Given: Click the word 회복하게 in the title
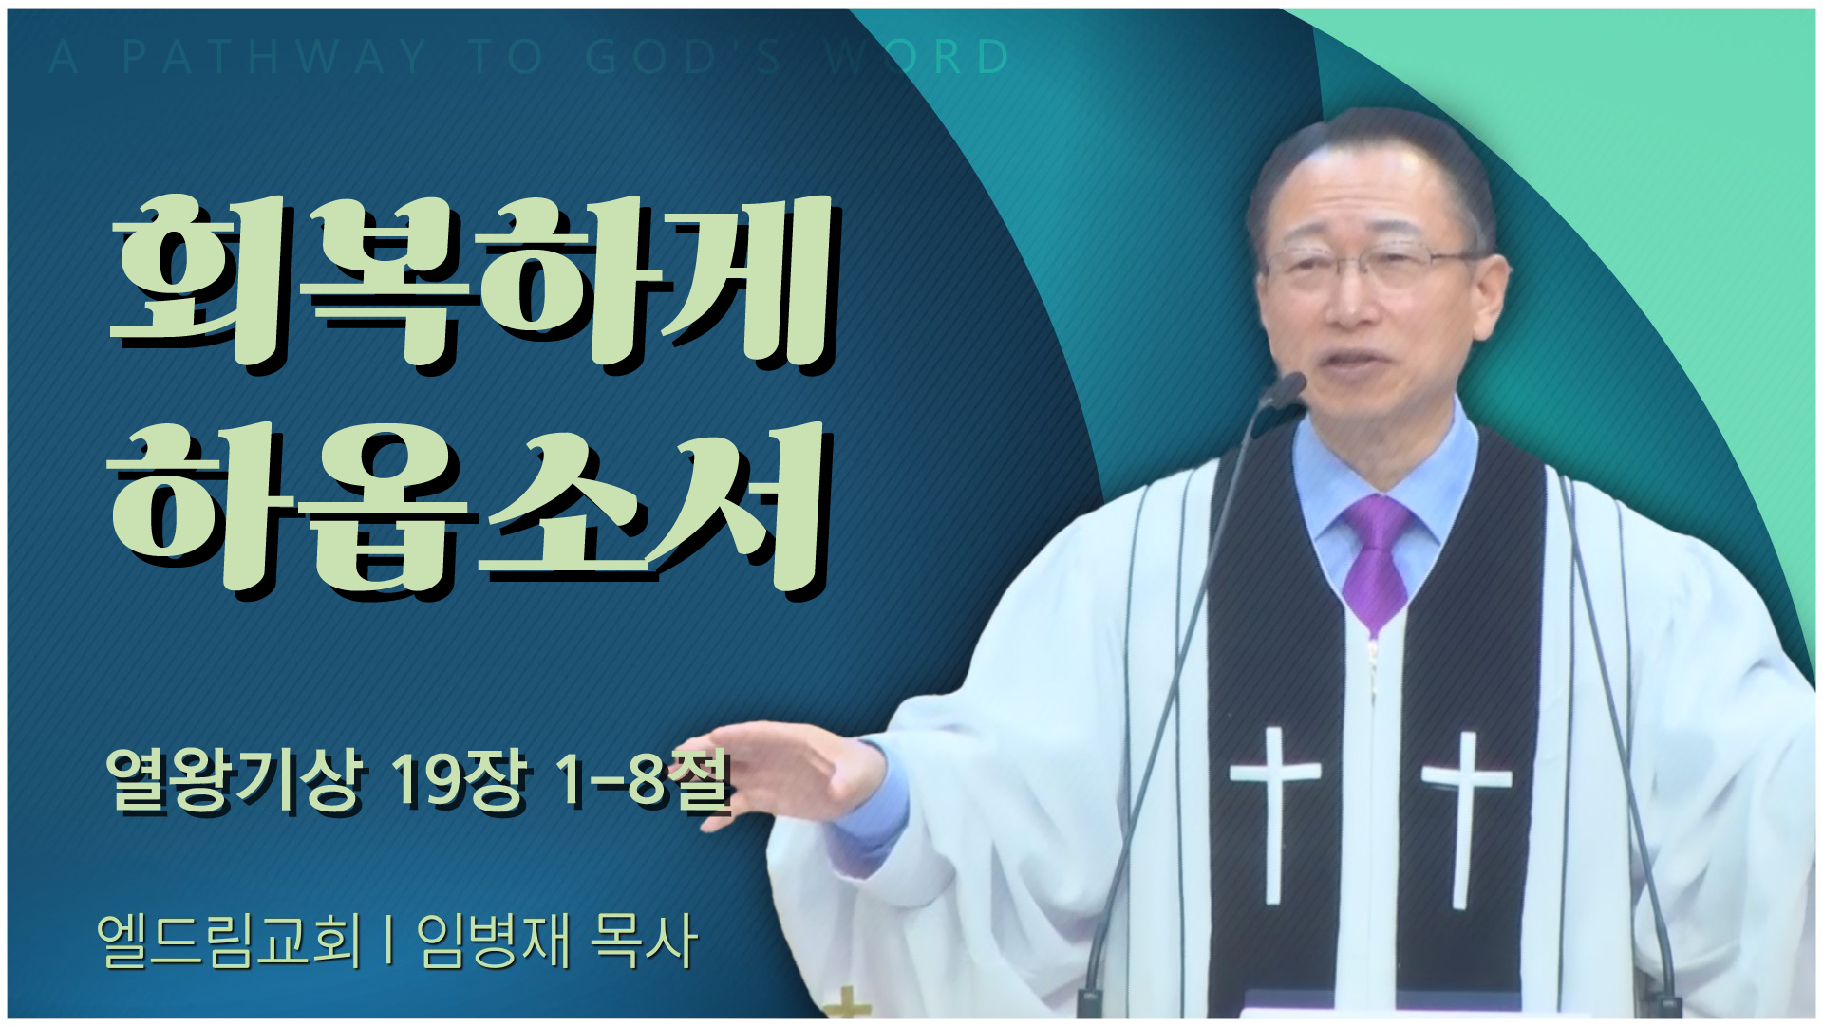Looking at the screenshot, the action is tap(472, 281).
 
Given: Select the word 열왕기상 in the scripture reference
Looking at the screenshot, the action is tap(234, 780).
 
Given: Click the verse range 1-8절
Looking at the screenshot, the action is tap(645, 780).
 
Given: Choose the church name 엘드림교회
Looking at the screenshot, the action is tap(229, 942).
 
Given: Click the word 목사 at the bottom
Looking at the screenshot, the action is tap(644, 942).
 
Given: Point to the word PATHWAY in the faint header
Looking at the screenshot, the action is tap(275, 57).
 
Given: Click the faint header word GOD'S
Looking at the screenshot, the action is tap(684, 57).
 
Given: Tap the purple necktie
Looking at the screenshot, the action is tap(1376, 560).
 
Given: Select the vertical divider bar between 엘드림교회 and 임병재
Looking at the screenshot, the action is tap(389, 942).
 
